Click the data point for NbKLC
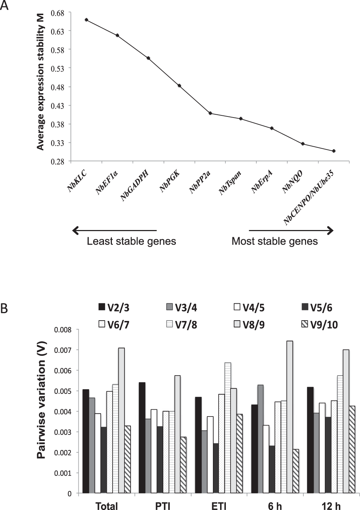click(86, 20)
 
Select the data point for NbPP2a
click(210, 113)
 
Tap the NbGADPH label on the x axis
click(135, 186)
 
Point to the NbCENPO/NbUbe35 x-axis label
click(309, 198)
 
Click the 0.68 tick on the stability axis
click(58, 13)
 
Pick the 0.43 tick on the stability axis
click(58, 106)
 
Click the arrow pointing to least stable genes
click(114, 230)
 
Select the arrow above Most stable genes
click(291, 230)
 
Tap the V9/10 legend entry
click(319, 325)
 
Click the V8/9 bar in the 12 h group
click(346, 421)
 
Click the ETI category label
click(219, 506)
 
